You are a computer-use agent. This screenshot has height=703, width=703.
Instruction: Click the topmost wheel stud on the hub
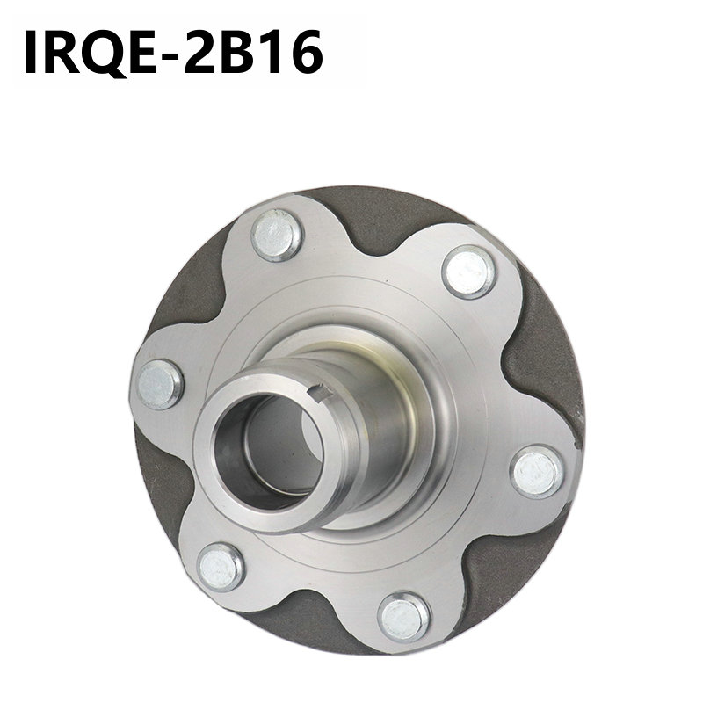pos(277,235)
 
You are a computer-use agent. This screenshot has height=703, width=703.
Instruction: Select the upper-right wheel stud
pos(468,272)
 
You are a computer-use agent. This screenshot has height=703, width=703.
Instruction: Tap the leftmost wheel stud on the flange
pos(159,385)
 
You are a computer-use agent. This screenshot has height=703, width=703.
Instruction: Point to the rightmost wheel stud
pos(537,471)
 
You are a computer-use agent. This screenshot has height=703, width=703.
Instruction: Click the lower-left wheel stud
pos(221,567)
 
